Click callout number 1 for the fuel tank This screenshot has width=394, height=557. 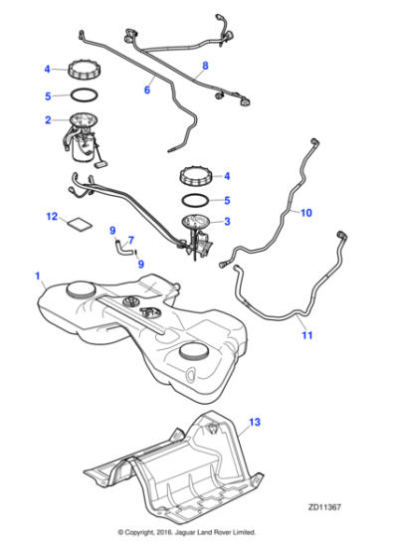coord(37,274)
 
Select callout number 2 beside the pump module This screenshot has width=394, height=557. coord(46,120)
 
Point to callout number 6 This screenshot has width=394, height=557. coord(147,89)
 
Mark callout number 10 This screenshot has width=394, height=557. coord(306,212)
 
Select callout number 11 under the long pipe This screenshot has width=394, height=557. coord(306,335)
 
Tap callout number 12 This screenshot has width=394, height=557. coord(52,215)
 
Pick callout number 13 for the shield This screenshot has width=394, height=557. coord(255,423)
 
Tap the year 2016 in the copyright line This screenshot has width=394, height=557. coord(177,534)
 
